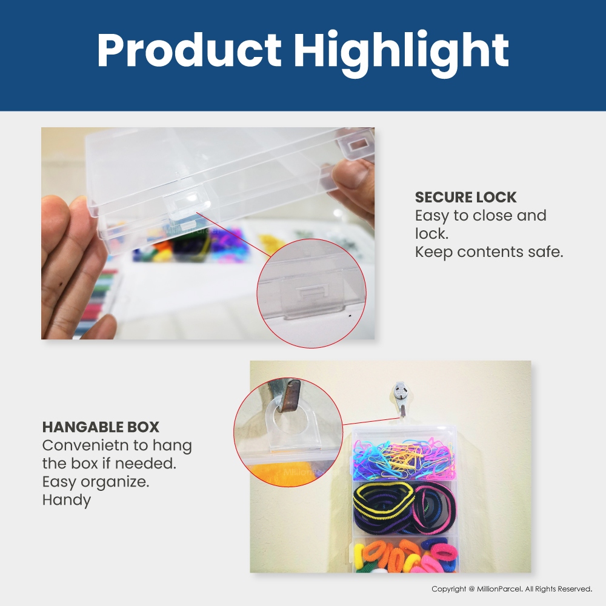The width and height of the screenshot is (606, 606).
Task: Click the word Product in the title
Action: (x=189, y=51)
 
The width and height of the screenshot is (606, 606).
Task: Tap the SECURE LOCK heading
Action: (x=465, y=197)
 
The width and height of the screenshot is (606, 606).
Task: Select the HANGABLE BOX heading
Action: (x=101, y=427)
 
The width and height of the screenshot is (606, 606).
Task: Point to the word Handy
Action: (x=67, y=500)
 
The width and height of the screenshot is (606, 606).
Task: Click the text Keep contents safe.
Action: (x=489, y=252)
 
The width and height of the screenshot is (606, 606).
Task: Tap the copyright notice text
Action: (x=511, y=589)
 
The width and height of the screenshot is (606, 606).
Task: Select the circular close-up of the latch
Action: (x=311, y=293)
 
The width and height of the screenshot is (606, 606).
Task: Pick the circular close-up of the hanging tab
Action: (x=288, y=432)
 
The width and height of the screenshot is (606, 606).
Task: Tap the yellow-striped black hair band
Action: (x=382, y=502)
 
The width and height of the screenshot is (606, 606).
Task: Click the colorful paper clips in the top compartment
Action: (x=404, y=459)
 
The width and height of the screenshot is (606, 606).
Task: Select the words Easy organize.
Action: (x=96, y=482)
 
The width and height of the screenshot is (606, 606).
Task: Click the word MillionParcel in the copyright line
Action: (x=499, y=589)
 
